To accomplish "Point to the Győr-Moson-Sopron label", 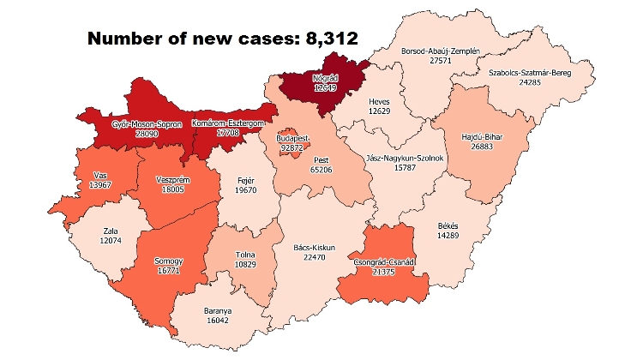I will pos(147,124).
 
